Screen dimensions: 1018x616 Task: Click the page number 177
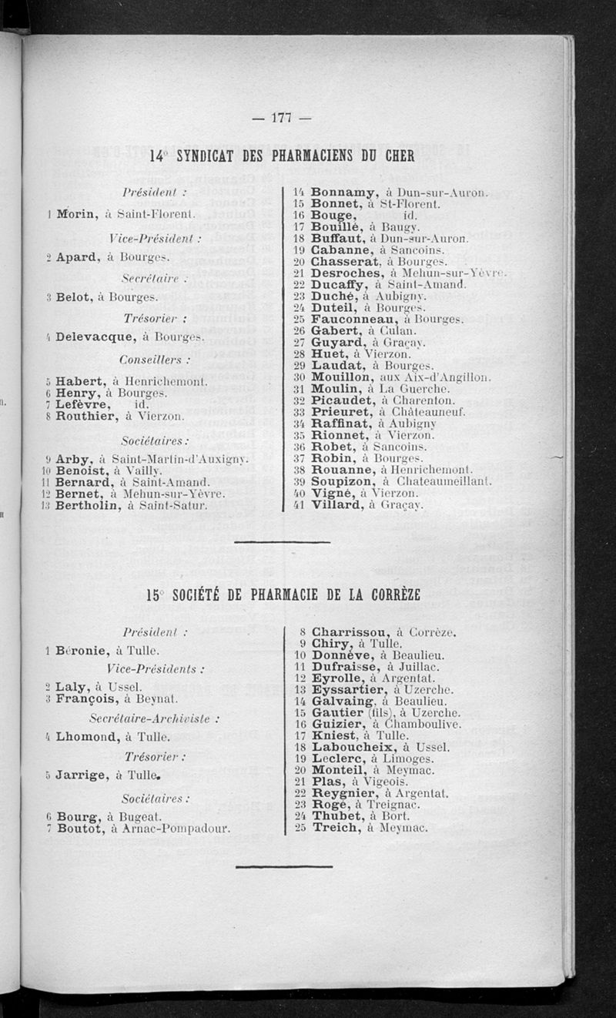tap(280, 118)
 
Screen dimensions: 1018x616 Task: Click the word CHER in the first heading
tap(396, 156)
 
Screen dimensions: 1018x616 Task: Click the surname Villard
tap(336, 505)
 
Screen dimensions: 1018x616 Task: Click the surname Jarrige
tap(82, 774)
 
